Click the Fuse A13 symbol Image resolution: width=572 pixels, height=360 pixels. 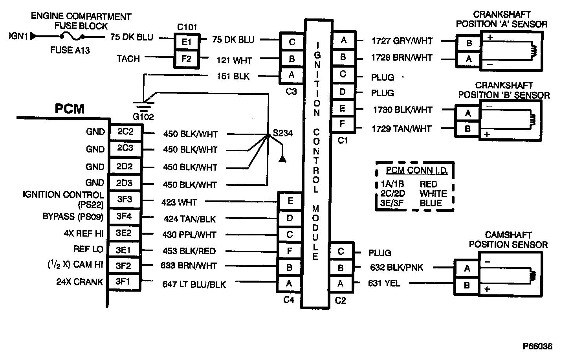[72, 37]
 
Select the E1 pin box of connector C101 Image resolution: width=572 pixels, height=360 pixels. [186, 42]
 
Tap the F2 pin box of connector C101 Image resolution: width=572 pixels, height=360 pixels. [186, 59]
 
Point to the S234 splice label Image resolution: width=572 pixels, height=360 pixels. [282, 133]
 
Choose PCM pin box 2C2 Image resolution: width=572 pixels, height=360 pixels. [125, 132]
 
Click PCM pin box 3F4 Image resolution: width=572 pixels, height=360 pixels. [124, 216]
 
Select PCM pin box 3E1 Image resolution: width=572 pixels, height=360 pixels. [123, 249]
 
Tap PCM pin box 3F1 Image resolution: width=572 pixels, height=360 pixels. [123, 282]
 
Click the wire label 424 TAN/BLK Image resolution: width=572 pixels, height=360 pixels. [189, 219]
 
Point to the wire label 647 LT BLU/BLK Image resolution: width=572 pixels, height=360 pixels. [194, 284]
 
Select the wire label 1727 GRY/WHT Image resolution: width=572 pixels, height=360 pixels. [402, 40]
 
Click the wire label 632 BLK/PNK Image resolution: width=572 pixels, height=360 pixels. [397, 268]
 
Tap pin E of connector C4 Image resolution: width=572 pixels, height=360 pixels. [290, 201]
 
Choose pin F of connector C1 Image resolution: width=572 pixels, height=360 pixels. [343, 124]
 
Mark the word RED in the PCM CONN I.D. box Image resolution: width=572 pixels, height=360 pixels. [428, 184]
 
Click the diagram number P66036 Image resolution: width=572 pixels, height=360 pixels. [537, 347]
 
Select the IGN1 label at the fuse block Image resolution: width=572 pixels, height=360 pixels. [18, 37]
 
